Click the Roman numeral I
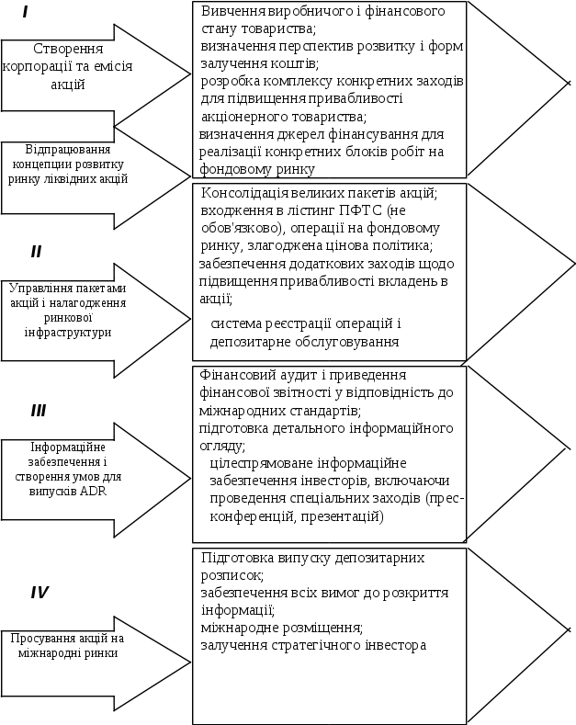[x=25, y=13]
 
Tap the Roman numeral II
[x=36, y=251]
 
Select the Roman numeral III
[x=38, y=411]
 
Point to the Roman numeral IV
[x=40, y=593]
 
